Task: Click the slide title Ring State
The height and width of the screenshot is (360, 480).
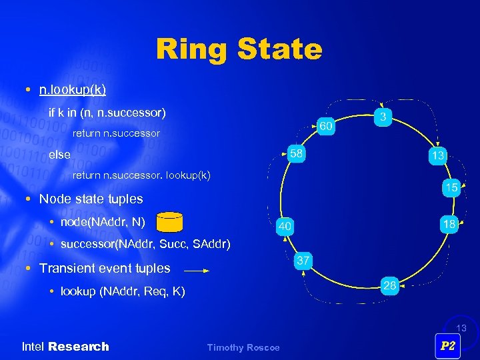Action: click(x=239, y=49)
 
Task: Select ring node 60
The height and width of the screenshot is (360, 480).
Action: click(x=325, y=126)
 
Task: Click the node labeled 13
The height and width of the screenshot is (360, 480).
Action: click(x=437, y=155)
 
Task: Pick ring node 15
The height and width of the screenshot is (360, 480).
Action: click(x=451, y=188)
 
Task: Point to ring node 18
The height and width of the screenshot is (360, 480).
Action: click(x=449, y=224)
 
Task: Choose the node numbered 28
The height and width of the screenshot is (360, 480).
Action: click(x=391, y=286)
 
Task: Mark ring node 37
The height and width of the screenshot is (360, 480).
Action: click(x=303, y=261)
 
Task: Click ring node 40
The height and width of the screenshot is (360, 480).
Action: click(x=285, y=227)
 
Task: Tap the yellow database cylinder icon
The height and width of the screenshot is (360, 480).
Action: click(x=169, y=221)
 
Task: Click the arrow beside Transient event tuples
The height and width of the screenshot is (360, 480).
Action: click(x=196, y=271)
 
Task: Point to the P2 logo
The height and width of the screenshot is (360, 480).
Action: click(x=448, y=346)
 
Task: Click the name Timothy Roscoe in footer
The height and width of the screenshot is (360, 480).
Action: click(x=243, y=347)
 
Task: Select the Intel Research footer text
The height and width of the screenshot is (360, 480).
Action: click(x=65, y=347)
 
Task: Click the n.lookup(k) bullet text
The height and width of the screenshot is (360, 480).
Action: click(x=72, y=89)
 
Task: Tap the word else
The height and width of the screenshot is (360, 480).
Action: click(x=59, y=155)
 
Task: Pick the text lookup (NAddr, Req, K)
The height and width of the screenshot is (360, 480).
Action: click(x=123, y=291)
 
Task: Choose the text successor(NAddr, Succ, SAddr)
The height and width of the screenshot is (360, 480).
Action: click(x=145, y=244)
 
